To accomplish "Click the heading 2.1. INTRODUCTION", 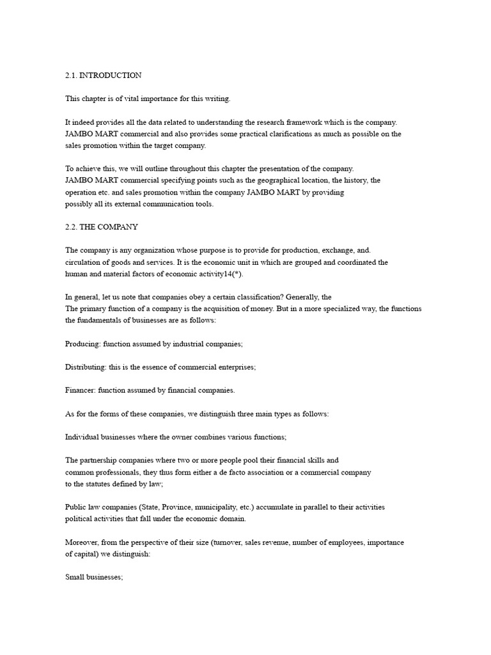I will tap(103, 75).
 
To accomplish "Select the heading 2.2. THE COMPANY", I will tap(101, 227).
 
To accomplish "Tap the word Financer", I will tap(81, 390).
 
